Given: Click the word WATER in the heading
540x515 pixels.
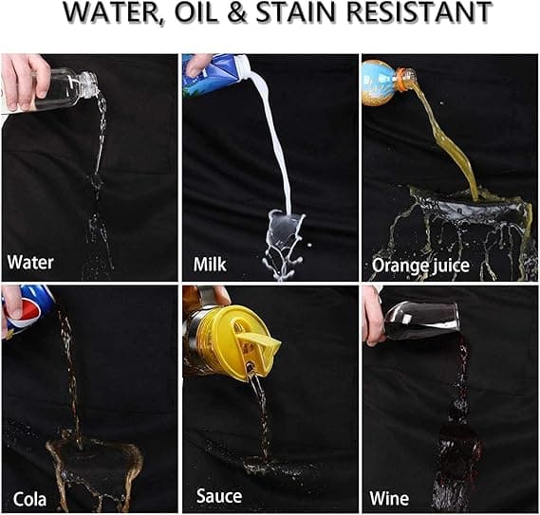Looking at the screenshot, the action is (111, 12).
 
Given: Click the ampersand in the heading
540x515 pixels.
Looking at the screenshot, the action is (237, 12).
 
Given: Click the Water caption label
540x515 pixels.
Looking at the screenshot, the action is (30, 263).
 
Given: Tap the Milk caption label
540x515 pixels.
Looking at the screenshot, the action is (210, 265).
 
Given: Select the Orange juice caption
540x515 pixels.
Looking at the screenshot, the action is (420, 266).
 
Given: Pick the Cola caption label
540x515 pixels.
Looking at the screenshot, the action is (29, 499).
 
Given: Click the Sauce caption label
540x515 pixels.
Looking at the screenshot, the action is (219, 496).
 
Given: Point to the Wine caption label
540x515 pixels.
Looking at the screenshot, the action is (389, 498).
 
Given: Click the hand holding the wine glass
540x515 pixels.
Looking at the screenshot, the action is (375, 317).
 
